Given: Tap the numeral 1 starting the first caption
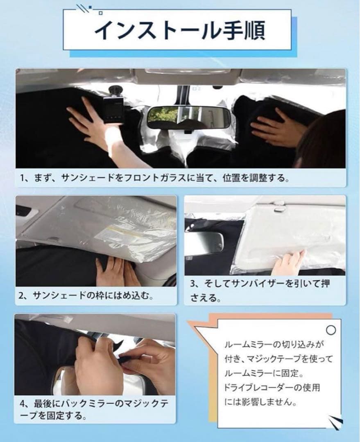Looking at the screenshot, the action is [x=22, y=178].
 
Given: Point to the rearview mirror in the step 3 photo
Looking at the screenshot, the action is [x=204, y=244].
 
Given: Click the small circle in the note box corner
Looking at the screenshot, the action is [x=331, y=330].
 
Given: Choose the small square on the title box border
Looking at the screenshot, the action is [x=100, y=13].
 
